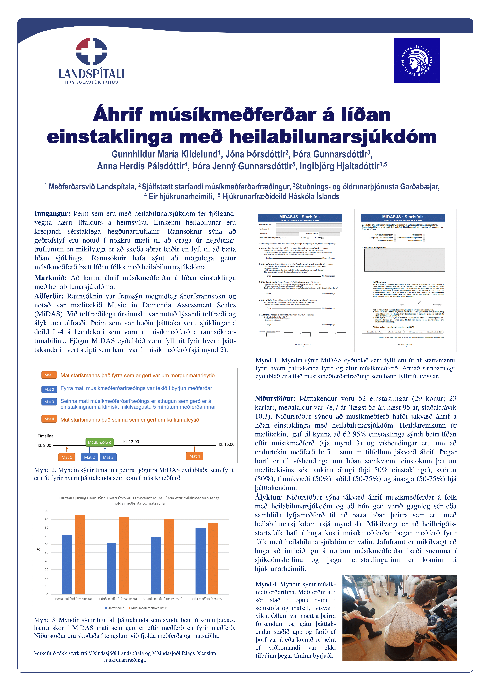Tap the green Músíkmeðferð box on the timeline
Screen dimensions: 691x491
pos(99,442)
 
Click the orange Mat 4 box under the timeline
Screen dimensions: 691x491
pos(194,456)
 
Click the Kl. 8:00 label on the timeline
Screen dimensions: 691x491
pos(44,445)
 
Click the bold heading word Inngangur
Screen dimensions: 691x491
pos(52,213)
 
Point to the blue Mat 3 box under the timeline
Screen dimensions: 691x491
pos(108,457)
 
